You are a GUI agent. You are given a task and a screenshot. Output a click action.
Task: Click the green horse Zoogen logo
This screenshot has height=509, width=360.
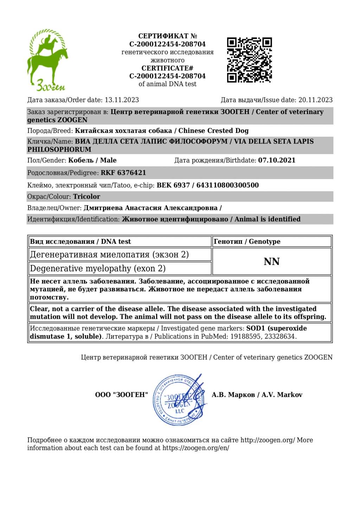48,60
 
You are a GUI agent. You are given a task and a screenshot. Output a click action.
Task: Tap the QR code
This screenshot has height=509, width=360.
249,60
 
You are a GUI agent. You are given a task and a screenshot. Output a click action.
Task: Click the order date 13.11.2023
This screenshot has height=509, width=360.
122,100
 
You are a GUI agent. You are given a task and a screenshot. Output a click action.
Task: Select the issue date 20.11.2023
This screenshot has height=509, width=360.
315,100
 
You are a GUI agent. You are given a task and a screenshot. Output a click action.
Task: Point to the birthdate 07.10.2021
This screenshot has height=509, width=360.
277,160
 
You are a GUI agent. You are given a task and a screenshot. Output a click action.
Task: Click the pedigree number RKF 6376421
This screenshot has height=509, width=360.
123,173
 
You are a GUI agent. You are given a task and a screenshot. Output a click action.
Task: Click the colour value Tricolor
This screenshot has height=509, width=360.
86,197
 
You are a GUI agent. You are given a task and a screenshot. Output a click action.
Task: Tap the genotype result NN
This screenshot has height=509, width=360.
271,262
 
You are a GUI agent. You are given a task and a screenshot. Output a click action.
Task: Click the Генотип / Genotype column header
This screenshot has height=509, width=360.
247,242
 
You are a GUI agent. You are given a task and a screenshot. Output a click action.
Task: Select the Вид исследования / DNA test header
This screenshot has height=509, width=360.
80,242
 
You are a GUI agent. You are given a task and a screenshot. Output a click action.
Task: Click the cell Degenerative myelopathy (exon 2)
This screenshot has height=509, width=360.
98,268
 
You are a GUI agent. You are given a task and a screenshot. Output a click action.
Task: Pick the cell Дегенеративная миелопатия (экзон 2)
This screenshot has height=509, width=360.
109,254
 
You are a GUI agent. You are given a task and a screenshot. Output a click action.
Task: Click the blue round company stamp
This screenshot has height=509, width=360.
179,400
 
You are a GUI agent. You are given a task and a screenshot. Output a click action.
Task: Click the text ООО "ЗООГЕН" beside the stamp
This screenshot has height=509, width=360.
121,395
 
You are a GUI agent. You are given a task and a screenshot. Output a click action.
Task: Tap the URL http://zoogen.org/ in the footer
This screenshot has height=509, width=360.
268,440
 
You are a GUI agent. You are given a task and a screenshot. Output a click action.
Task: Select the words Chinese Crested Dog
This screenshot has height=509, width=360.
213,131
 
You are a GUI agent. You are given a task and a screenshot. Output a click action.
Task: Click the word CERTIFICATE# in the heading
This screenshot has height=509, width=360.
167,68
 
